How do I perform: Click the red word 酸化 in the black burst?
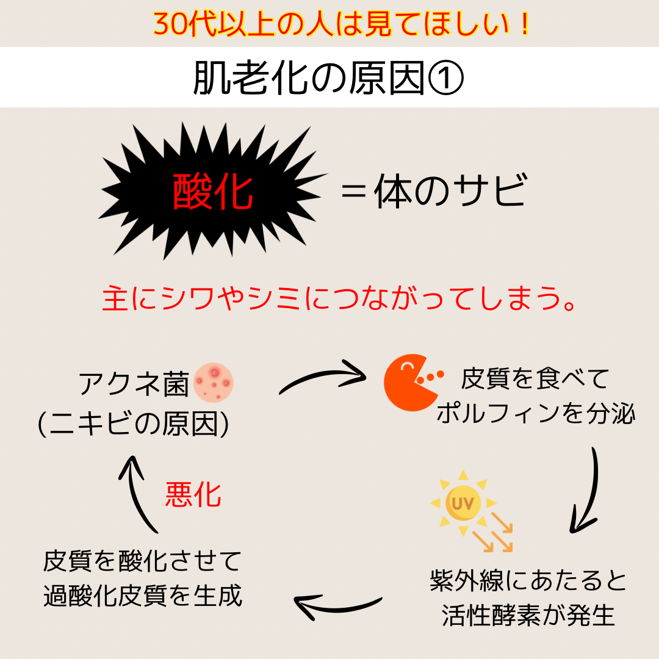tap(213, 192)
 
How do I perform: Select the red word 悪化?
tap(193, 495)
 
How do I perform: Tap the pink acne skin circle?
tap(214, 383)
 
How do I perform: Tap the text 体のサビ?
tap(450, 191)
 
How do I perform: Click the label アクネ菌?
tap(134, 384)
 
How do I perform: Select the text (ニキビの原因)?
tap(134, 423)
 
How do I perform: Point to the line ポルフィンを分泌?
tap(536, 414)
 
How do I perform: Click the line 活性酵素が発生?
tap(528, 616)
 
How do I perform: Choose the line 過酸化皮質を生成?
tap(143, 596)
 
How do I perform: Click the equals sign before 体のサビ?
tap(353, 191)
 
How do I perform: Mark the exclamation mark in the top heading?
tap(525, 24)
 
